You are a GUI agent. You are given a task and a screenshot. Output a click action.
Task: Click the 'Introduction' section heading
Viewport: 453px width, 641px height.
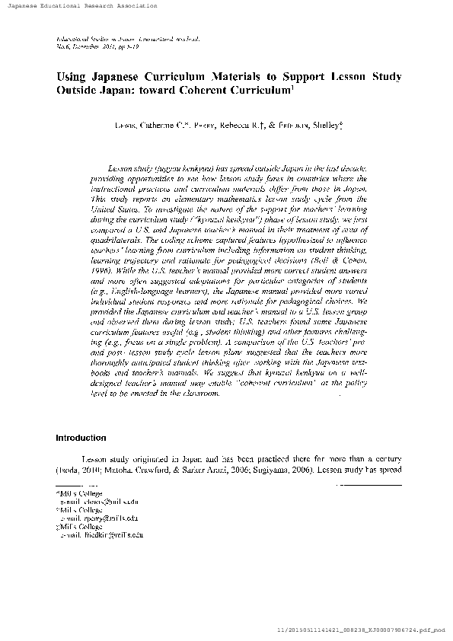pyautogui.click(x=81, y=438)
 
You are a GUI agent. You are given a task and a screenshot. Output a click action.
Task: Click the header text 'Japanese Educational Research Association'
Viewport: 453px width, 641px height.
pyautogui.click(x=79, y=5)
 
